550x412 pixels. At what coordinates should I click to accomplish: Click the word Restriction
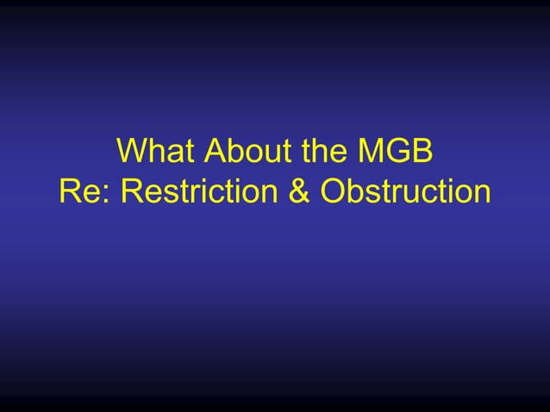click(x=200, y=191)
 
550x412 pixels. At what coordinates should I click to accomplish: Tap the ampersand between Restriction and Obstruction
click(x=298, y=191)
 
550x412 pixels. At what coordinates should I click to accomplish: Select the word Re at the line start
click(x=82, y=191)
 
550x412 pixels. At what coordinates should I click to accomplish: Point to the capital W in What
click(x=131, y=153)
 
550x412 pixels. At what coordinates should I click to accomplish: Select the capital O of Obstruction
click(x=333, y=191)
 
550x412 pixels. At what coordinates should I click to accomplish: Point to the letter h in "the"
click(x=322, y=153)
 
